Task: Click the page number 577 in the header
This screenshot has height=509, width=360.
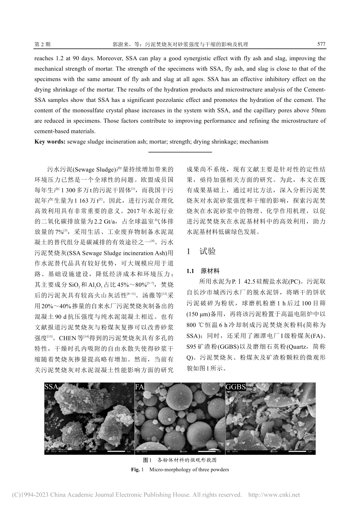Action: click(x=321, y=44)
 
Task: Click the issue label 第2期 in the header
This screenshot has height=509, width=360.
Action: click(x=42, y=44)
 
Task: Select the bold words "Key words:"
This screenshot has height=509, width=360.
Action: click(x=50, y=142)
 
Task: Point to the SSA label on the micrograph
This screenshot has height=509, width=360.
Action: click(x=52, y=387)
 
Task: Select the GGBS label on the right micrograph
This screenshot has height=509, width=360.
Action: click(x=236, y=387)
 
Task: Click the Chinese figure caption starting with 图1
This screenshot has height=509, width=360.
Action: click(x=180, y=461)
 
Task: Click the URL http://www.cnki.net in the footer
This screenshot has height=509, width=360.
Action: click(x=273, y=495)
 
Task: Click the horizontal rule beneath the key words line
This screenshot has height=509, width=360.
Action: click(x=180, y=152)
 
